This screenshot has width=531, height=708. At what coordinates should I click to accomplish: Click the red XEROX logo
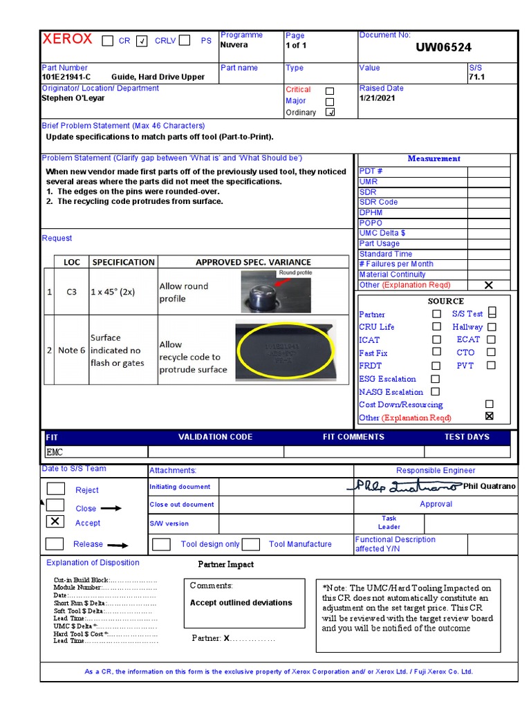[67, 39]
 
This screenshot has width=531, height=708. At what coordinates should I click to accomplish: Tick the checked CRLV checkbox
[142, 41]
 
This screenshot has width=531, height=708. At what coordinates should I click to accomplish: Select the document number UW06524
[443, 48]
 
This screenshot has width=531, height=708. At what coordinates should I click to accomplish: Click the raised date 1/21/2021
[376, 99]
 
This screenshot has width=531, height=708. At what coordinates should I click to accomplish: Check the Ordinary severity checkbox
[330, 113]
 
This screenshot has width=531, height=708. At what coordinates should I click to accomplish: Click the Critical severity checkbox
[330, 91]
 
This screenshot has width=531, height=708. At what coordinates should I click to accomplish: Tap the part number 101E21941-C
[66, 77]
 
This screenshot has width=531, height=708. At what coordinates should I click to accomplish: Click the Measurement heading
[434, 159]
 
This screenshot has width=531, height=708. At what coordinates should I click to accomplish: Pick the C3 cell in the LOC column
[72, 292]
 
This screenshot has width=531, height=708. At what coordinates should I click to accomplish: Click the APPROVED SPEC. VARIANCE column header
[253, 263]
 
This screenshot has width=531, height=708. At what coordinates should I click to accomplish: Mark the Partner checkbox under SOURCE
[436, 314]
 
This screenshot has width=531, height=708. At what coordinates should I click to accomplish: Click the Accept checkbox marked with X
[55, 521]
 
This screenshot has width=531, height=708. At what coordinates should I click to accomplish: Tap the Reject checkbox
[55, 489]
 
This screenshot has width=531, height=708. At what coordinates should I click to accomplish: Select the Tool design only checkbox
[161, 544]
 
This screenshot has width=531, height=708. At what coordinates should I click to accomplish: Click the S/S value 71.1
[476, 77]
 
